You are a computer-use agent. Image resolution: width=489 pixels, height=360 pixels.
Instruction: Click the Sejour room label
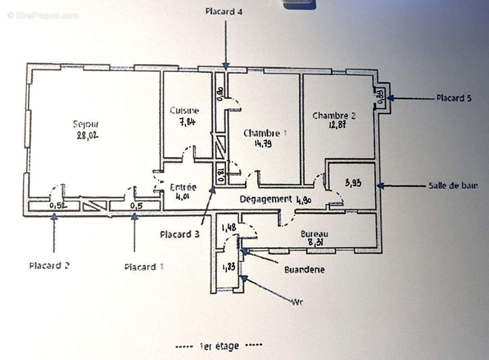[86, 124]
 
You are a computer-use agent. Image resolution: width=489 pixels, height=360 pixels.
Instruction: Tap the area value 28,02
[87, 135]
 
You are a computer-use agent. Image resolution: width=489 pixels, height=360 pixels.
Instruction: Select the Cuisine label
[184, 110]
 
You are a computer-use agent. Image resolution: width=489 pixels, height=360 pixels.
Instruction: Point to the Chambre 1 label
[265, 133]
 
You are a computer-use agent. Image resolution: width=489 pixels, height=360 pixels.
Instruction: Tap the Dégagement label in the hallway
[265, 199]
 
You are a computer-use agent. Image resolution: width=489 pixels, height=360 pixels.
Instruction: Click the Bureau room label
[314, 234]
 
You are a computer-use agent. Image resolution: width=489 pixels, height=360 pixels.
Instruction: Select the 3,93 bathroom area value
[354, 183]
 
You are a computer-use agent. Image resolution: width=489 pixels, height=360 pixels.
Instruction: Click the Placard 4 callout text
[224, 12]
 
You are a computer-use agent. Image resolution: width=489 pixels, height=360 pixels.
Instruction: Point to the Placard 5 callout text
[453, 98]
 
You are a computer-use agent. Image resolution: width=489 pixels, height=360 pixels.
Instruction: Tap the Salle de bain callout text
[453, 185]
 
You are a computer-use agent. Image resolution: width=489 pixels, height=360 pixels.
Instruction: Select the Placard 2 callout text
[49, 265]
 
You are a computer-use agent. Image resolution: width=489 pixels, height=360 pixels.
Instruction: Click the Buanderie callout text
[304, 270]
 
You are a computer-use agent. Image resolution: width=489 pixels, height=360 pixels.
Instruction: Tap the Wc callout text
[297, 302]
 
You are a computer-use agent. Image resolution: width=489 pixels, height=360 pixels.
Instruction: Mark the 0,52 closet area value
[57, 206]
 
